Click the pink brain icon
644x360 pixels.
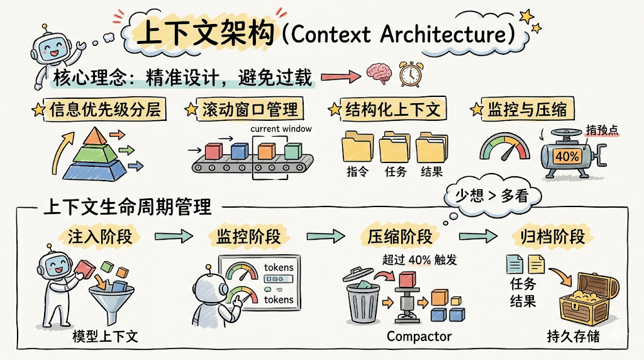pyautogui.click(x=379, y=74)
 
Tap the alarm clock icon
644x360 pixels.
pyautogui.click(x=409, y=74)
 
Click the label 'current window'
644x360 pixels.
pyautogui.click(x=280, y=129)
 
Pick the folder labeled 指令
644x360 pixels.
pyautogui.click(x=358, y=147)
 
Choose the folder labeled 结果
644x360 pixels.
pyautogui.click(x=433, y=147)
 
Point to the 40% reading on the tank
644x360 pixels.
pyautogui.click(x=567, y=156)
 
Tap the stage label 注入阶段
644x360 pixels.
pyautogui.click(x=99, y=237)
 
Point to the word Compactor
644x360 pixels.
pyautogui.click(x=419, y=337)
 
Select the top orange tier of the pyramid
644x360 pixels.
pyautogui.click(x=92, y=135)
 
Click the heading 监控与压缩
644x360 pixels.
pyautogui.click(x=527, y=110)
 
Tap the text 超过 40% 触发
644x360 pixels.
pyautogui.click(x=419, y=260)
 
